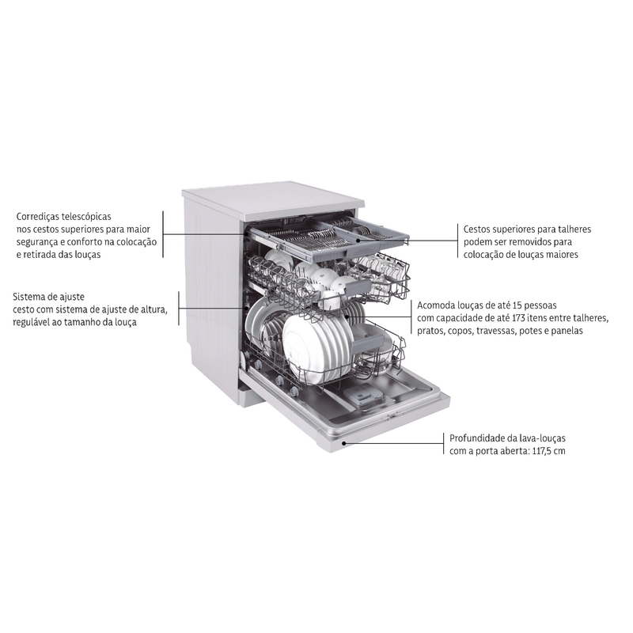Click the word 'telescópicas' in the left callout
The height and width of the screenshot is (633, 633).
point(86,217)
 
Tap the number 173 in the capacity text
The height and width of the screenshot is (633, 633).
point(519,318)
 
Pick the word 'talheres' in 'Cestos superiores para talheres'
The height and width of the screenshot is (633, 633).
point(574,229)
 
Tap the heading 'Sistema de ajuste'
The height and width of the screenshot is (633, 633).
point(48,298)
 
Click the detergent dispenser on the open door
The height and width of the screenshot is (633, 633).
point(362,392)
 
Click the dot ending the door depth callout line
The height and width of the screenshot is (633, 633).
point(343,443)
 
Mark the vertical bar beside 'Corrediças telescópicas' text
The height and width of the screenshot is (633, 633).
point(163,234)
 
